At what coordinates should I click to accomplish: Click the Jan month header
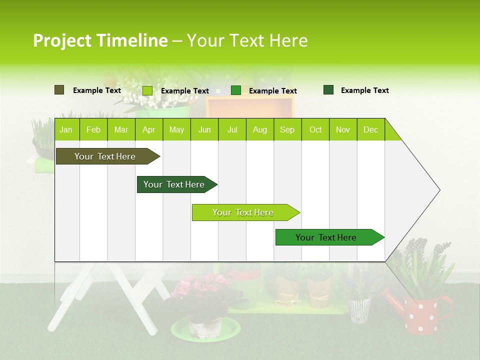(x=66, y=130)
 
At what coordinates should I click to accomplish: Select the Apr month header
(x=148, y=130)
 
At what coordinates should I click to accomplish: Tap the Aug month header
(x=259, y=130)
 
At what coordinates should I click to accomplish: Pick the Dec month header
(x=370, y=130)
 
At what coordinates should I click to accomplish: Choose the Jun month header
(x=204, y=130)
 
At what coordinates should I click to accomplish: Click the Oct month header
(x=315, y=130)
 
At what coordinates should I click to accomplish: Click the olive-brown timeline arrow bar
(x=105, y=156)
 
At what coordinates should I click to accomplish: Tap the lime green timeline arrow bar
(x=243, y=212)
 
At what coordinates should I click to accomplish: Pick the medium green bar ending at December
(x=326, y=237)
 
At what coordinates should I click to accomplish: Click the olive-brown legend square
(x=59, y=90)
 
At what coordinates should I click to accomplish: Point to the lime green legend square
(x=147, y=90)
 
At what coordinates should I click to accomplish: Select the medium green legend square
(x=236, y=90)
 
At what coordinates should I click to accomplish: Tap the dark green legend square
(x=328, y=90)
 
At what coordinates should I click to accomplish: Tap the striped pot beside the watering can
(x=359, y=310)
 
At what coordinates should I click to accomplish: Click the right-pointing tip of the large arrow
(x=438, y=190)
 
